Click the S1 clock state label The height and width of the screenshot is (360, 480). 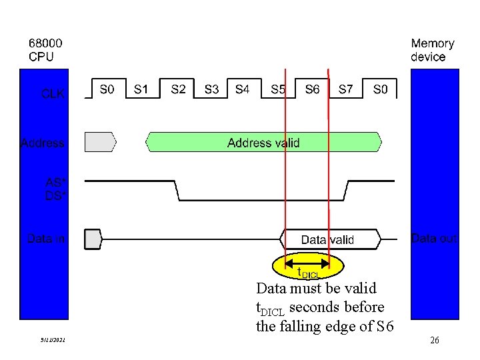point(141,89)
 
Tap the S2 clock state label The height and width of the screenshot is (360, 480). point(179,89)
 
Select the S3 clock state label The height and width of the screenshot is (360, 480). point(211,89)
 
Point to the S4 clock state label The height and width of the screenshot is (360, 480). point(243,89)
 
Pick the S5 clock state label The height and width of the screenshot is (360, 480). point(279,89)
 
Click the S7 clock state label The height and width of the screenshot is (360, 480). point(346,89)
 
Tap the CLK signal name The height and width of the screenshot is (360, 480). point(53,94)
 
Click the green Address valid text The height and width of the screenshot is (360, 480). point(263,143)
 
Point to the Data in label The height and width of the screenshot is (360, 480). point(46,238)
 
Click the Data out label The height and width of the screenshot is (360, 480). point(434,238)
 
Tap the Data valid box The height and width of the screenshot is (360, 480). point(328,239)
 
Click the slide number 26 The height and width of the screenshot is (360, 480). point(435,341)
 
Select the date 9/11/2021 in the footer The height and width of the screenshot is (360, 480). point(53,341)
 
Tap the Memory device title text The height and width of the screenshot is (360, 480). point(433,50)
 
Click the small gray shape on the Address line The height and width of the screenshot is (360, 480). point(100,141)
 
